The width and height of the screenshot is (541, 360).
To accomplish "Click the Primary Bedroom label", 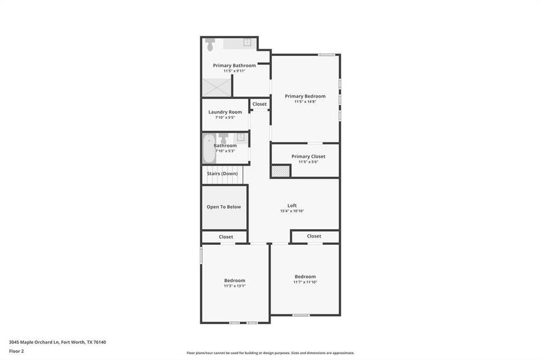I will tap(305, 96).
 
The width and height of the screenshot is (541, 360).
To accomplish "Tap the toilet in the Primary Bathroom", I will tap(210, 44).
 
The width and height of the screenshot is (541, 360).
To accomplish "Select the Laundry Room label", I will tap(225, 112).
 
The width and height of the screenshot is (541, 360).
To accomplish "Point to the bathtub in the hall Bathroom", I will tap(208, 149).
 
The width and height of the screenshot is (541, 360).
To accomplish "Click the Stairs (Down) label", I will tap(222, 173).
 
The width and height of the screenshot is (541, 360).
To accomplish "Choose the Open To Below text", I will tap(224, 207).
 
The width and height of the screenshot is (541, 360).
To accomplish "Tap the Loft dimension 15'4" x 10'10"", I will tap(292, 211).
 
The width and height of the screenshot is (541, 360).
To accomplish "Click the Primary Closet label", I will tap(308, 157).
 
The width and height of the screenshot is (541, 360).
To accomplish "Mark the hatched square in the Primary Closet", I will tap(280, 171).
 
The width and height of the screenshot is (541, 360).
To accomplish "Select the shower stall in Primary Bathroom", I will tap(216, 88).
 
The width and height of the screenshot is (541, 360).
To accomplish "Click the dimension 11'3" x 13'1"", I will tap(235, 286).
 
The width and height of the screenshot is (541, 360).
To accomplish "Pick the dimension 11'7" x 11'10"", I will tap(305, 282).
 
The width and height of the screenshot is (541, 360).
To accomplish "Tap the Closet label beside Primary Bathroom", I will tap(259, 104).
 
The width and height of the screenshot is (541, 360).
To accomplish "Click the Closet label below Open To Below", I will tap(226, 237).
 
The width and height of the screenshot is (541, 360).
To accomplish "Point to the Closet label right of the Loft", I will tap(314, 236).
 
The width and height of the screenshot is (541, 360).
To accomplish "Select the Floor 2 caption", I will tap(16, 352).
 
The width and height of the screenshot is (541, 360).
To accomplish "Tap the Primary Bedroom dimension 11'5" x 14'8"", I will tap(305, 102).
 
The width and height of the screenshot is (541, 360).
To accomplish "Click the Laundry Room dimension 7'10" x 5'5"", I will tap(225, 118).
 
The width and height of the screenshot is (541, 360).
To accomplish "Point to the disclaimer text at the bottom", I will tap(270, 353).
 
